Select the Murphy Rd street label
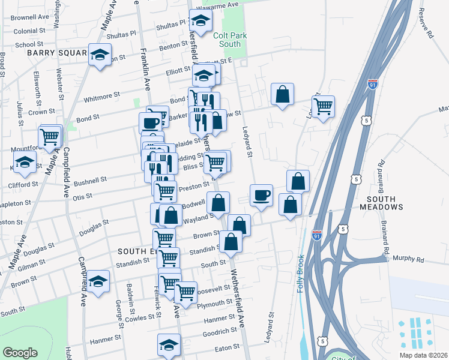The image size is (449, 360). [408, 259]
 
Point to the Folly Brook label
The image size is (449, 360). [301, 274]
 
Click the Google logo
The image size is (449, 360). [20, 352]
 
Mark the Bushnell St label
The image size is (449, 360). [90, 179]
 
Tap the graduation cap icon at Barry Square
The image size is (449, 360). [100, 55]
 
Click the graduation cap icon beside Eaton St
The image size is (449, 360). [169, 344]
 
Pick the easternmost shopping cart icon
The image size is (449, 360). [323, 106]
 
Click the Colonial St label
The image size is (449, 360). [26, 31]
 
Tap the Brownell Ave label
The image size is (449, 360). [30, 17]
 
